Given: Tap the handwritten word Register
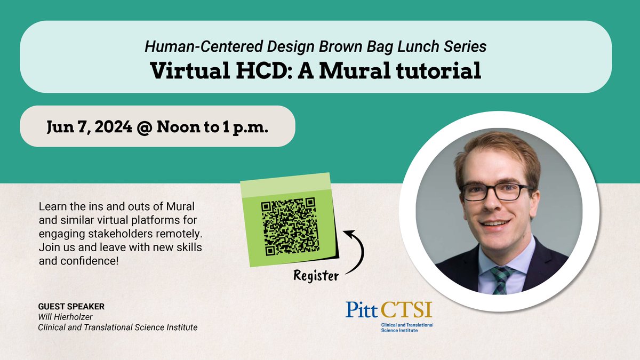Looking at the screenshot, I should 316,276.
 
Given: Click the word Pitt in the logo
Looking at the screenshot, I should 362,310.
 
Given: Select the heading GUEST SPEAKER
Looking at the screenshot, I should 71,307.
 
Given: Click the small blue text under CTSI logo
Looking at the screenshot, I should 406,327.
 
